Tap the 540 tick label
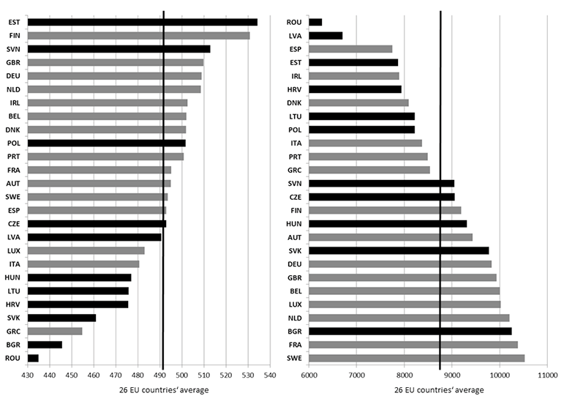click(270, 375)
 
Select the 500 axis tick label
click(181, 375)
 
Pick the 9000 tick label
click(452, 375)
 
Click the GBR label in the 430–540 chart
click(14, 62)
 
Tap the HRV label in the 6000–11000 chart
click(296, 89)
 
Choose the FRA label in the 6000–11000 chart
click(296, 345)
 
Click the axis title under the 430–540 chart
click(164, 390)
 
